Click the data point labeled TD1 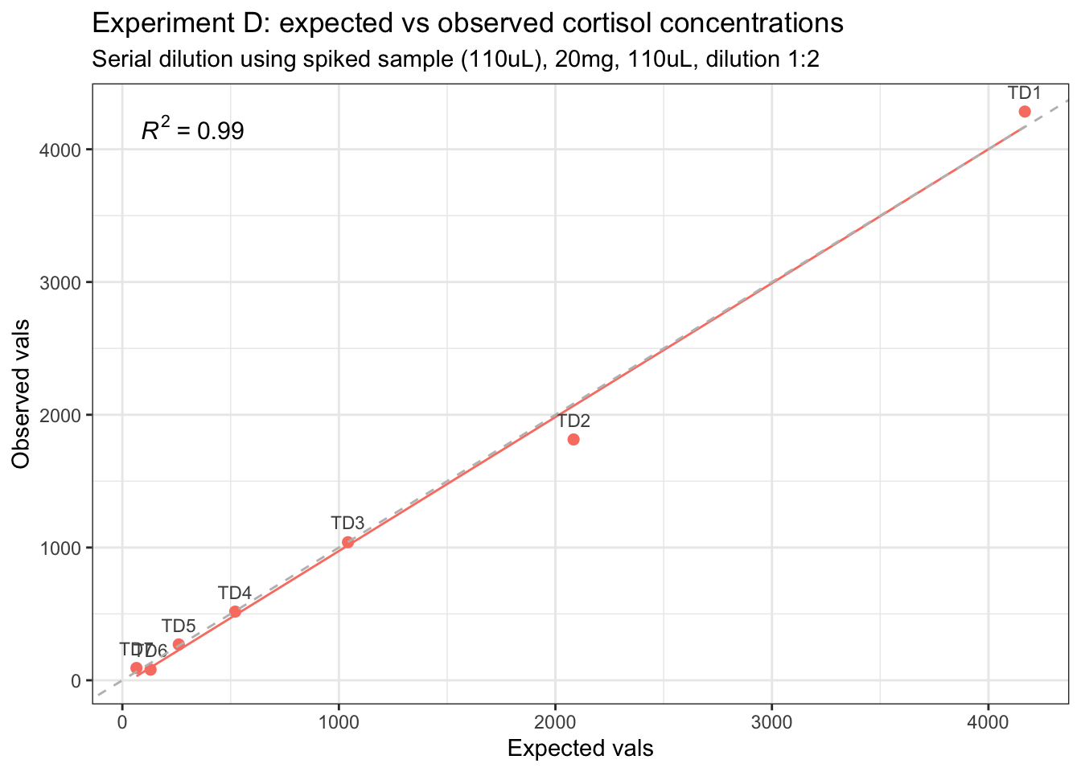1024,112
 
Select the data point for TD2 573,439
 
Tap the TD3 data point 347,542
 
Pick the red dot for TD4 235,611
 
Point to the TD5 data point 179,644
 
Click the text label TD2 574,421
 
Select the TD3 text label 347,524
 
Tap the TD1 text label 1024,93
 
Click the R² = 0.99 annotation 192,130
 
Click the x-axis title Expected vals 580,749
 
